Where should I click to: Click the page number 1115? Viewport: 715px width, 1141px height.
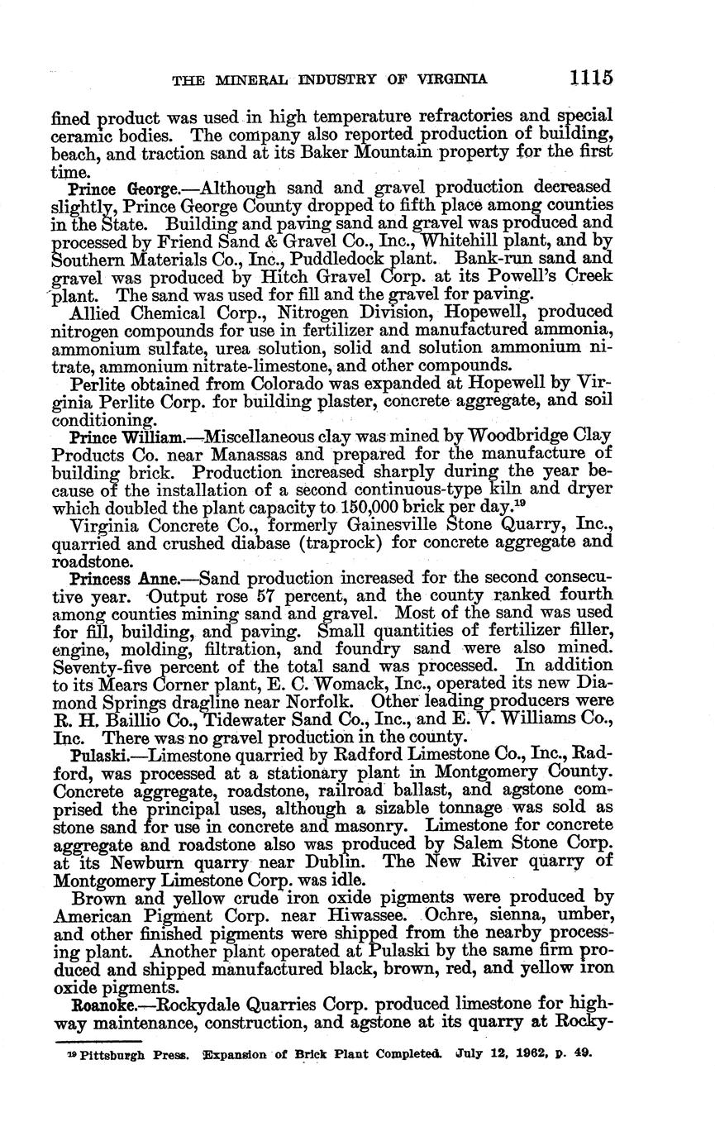click(x=590, y=78)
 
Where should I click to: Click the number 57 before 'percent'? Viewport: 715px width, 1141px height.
click(x=265, y=595)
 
